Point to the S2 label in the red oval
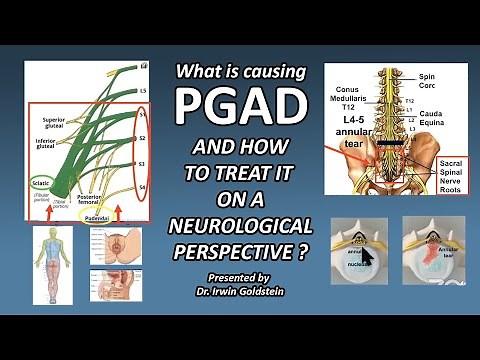[144, 140]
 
